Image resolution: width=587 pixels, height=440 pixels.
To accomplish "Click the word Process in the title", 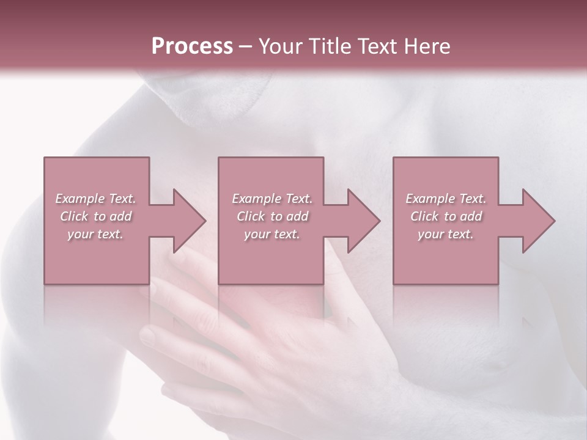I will [192, 46].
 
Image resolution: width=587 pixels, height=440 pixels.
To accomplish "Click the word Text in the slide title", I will [379, 46].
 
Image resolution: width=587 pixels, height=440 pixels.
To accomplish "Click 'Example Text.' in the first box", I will [95, 199].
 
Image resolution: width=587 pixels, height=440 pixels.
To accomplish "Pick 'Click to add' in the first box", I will [95, 216].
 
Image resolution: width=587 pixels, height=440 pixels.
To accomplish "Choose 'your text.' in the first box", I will [95, 234].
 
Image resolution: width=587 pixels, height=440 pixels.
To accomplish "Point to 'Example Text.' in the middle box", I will [272, 199].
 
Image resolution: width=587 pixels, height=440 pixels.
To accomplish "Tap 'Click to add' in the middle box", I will [272, 216].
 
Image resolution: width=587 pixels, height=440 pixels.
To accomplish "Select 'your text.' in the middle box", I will [272, 234].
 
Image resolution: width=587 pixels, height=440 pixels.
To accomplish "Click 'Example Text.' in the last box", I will [446, 199].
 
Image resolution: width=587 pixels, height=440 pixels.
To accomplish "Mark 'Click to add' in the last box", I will [446, 216].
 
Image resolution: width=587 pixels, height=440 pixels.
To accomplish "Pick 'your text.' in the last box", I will [446, 234].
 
